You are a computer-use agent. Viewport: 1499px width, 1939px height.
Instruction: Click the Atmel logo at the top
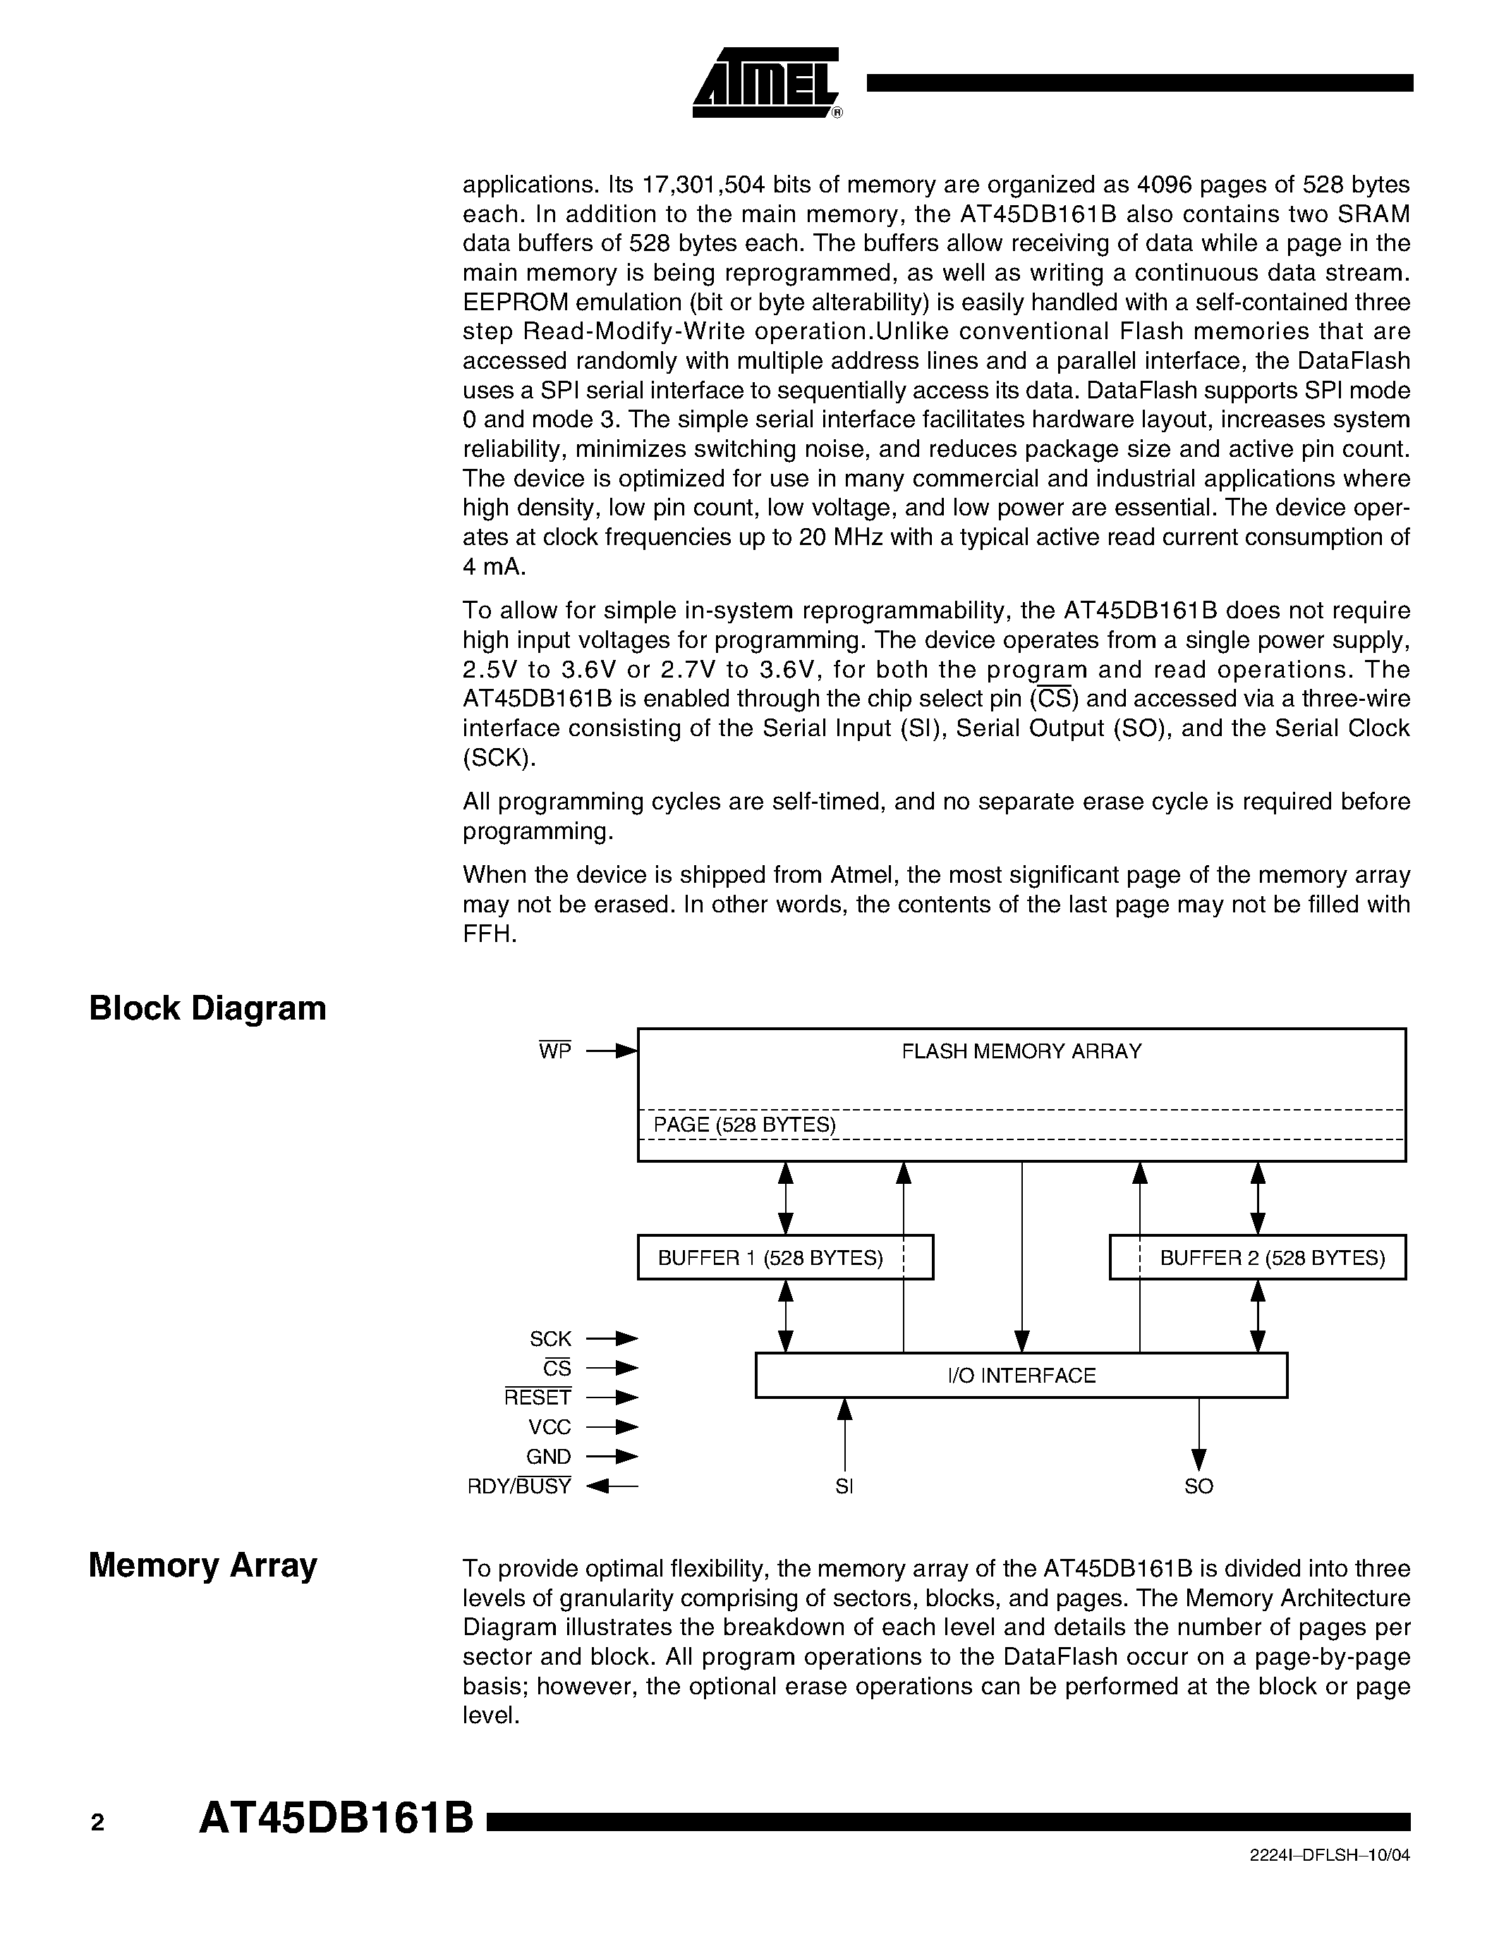pos(765,82)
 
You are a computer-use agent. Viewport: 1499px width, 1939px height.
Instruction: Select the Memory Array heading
pos(202,1565)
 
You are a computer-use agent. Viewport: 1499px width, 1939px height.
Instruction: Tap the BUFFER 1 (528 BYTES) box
pos(785,1257)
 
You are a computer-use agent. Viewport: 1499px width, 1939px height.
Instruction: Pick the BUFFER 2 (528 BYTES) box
pos(1258,1257)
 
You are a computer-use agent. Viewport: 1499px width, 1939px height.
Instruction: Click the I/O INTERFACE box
pos(1021,1375)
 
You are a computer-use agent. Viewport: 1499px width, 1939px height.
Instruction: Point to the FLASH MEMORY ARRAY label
pos(1021,1051)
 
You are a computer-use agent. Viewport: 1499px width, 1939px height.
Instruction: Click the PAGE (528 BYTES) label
pos(745,1125)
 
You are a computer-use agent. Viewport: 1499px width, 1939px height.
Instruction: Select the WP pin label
pos(555,1051)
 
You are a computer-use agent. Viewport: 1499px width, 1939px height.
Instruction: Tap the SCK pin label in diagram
pos(551,1339)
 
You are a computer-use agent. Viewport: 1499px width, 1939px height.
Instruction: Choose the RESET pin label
pos(538,1397)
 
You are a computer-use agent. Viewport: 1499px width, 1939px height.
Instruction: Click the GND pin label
pos(549,1457)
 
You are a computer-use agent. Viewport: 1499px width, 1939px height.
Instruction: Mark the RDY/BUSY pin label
pos(519,1486)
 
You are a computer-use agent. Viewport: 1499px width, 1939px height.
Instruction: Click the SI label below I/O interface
pos(844,1486)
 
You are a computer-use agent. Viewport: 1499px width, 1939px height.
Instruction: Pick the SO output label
pos(1198,1486)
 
